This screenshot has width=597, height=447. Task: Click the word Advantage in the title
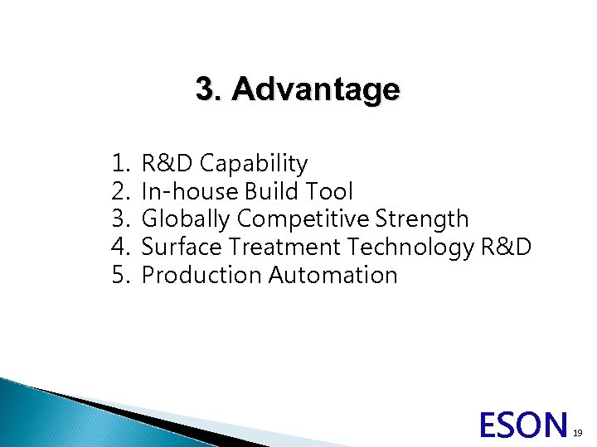[316, 89]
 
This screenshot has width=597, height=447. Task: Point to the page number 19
[580, 432]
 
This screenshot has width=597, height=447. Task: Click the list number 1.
[120, 164]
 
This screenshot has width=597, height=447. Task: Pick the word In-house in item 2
[190, 192]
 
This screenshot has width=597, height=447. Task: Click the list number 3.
[120, 219]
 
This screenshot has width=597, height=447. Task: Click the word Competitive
[304, 219]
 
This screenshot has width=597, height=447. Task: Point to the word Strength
[422, 219]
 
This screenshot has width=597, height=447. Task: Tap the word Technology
[411, 247]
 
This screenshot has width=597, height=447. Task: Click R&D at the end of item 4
[507, 247]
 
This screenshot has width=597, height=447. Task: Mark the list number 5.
[120, 275]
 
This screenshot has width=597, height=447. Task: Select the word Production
[202, 275]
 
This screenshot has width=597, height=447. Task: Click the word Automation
[333, 275]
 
